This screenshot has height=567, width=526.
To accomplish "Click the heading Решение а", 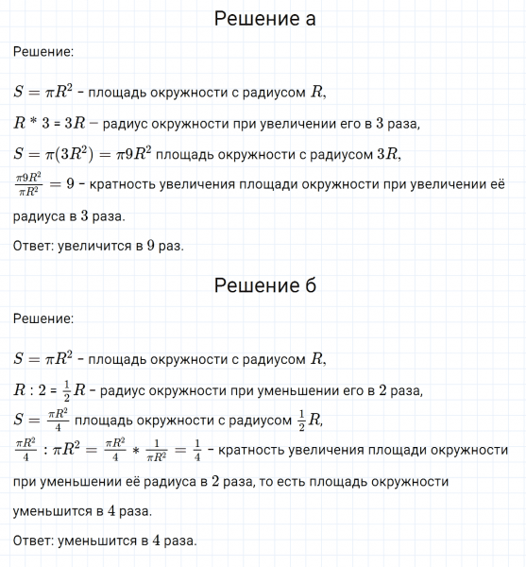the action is click(x=263, y=19).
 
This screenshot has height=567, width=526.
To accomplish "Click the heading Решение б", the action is click(x=263, y=285).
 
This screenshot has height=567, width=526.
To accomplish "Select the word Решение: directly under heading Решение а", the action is click(x=43, y=54).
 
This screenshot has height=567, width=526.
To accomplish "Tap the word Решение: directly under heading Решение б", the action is click(x=43, y=319).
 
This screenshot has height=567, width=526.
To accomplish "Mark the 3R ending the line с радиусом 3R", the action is click(x=386, y=154).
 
